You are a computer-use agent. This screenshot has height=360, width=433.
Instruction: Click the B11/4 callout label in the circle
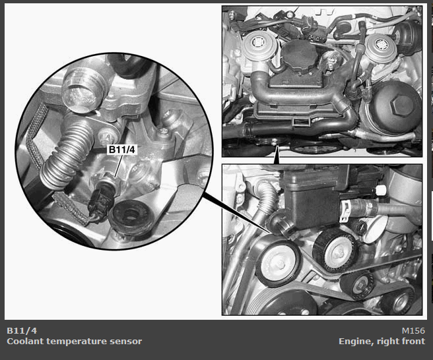(x=121, y=150)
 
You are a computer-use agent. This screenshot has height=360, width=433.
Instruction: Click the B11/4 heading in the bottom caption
(x=22, y=330)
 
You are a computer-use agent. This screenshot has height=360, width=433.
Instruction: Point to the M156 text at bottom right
(x=413, y=330)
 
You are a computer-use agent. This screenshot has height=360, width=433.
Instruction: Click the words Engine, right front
(x=382, y=342)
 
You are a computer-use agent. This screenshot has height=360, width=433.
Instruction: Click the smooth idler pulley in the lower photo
(x=279, y=262)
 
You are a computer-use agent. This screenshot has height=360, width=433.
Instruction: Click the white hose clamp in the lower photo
(x=345, y=210)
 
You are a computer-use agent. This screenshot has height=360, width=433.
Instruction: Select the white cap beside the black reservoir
(x=381, y=191)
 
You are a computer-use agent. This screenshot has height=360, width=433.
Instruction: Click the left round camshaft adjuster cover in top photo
(x=257, y=45)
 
